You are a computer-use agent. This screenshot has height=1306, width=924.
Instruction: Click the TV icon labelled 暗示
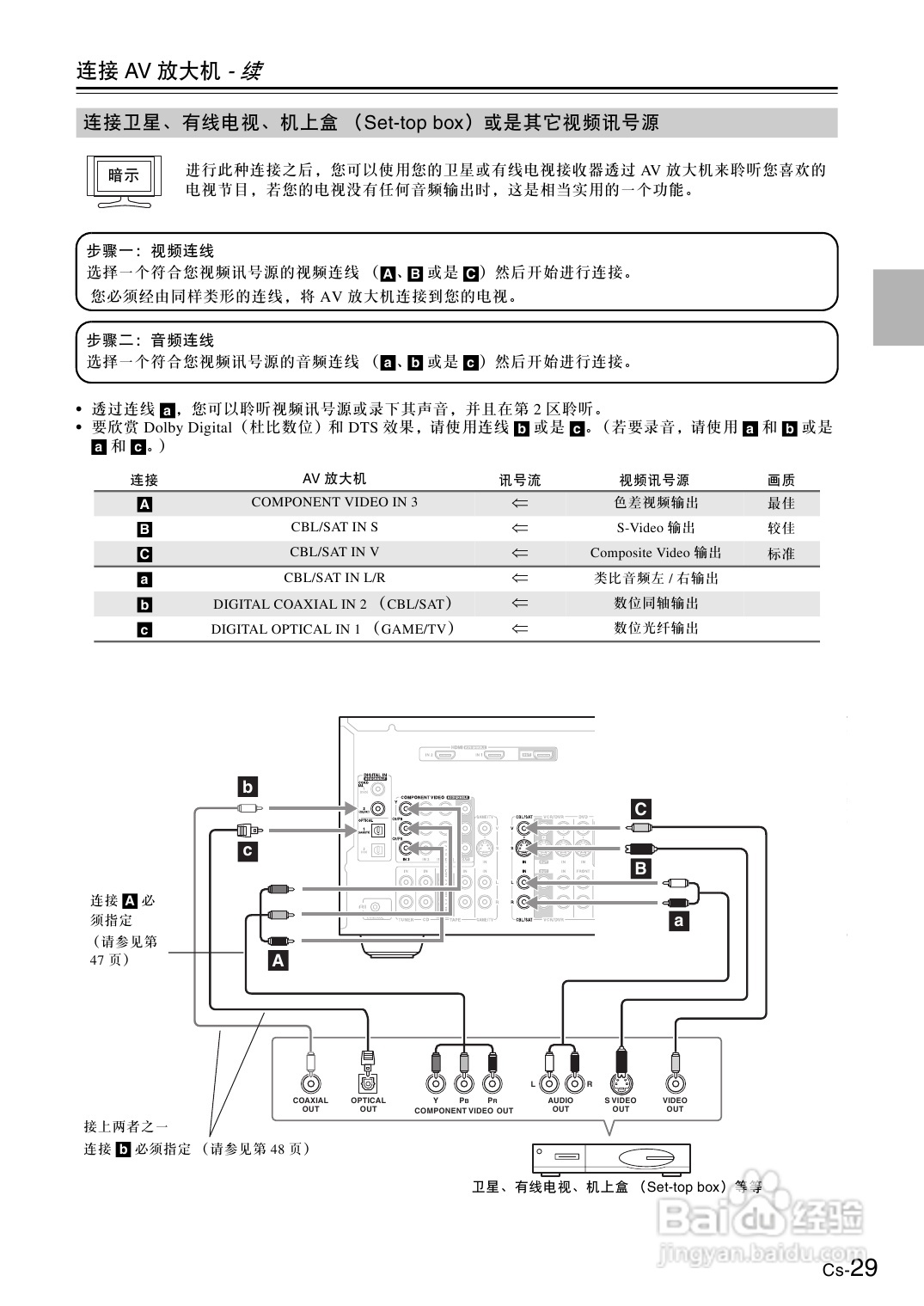point(124,181)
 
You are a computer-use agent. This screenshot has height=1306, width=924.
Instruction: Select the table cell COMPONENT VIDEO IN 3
point(334,502)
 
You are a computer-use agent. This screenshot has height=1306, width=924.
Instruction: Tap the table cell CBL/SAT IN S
point(334,527)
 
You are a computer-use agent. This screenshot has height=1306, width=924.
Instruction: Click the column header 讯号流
point(520,480)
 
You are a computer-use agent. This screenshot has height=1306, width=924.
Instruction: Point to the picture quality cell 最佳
point(781,503)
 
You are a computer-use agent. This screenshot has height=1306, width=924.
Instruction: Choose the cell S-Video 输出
point(656,527)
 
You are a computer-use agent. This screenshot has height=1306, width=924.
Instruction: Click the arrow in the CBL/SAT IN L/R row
point(520,578)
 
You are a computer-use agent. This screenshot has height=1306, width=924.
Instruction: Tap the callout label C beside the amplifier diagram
point(640,809)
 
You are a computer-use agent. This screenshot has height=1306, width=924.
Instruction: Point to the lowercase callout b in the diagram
point(248,786)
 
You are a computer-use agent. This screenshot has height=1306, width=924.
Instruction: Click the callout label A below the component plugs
point(278,960)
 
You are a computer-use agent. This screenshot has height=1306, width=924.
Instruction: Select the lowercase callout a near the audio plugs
point(679,922)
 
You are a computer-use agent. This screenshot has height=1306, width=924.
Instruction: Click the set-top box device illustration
point(611,1159)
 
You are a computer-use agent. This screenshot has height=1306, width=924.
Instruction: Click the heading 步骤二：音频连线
point(150,340)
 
